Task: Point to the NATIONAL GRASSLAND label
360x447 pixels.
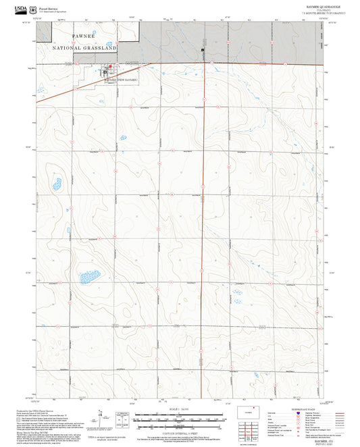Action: tap(84, 49)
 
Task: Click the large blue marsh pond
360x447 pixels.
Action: tap(87, 276)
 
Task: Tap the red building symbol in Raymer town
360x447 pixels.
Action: tap(109, 66)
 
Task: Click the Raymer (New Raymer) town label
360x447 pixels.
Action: tap(120, 80)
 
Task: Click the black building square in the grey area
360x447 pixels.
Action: tap(202, 50)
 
